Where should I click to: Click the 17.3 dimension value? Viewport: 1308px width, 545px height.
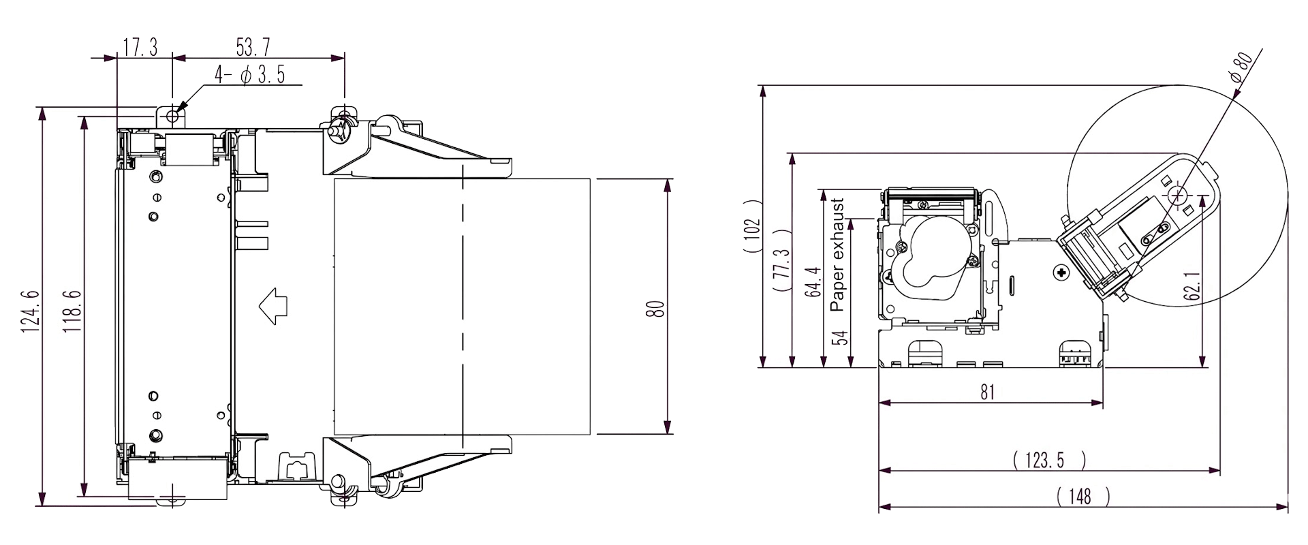tap(140, 48)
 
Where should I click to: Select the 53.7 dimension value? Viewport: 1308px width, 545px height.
tap(253, 48)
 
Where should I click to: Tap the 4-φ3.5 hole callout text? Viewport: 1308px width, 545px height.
tap(250, 75)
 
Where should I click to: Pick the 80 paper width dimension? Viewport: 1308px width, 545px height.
tap(655, 309)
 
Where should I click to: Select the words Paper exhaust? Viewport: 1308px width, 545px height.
tap(837, 255)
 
